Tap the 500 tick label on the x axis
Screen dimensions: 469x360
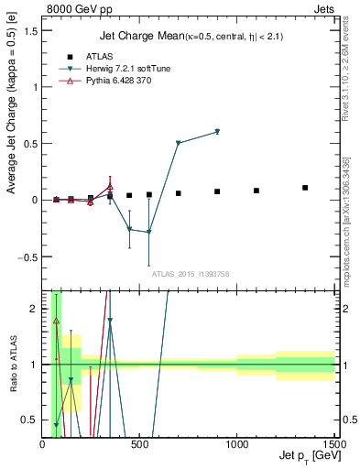pos(139,444)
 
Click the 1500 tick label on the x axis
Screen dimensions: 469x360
pos(334,444)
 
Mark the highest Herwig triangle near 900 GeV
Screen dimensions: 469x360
pos(217,132)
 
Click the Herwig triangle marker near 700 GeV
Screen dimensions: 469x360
pos(178,143)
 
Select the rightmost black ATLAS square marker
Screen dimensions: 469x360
pos(305,188)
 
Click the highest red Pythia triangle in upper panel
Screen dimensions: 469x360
pos(110,187)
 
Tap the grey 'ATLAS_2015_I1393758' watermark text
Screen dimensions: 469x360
pos(190,274)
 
